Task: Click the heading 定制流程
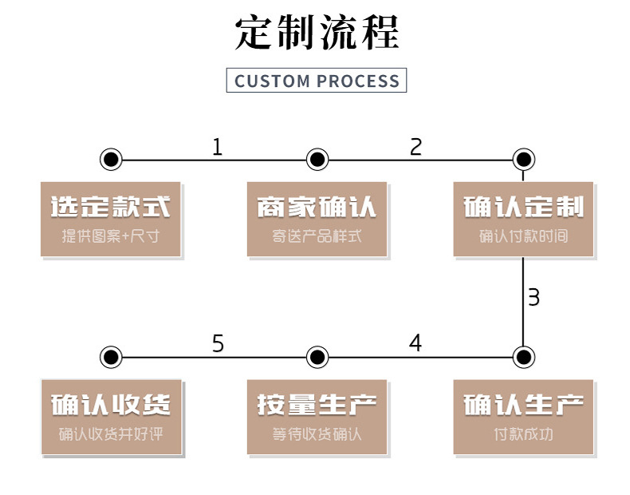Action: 317,33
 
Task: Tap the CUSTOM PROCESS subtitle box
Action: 317,81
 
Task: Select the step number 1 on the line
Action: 217,147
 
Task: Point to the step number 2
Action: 415,147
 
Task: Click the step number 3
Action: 534,297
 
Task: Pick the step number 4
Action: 415,343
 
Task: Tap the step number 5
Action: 218,344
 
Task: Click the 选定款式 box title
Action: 111,208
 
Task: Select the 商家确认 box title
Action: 317,208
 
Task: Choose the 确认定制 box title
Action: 523,208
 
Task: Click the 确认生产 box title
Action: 523,405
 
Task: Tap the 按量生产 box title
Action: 317,405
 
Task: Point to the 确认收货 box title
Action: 111,405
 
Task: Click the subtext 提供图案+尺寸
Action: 111,236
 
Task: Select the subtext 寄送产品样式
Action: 317,236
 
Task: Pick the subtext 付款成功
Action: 523,434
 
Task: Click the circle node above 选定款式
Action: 111,159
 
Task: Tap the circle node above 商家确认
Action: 317,159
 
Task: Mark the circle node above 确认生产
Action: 523,356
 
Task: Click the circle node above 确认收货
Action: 111,356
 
